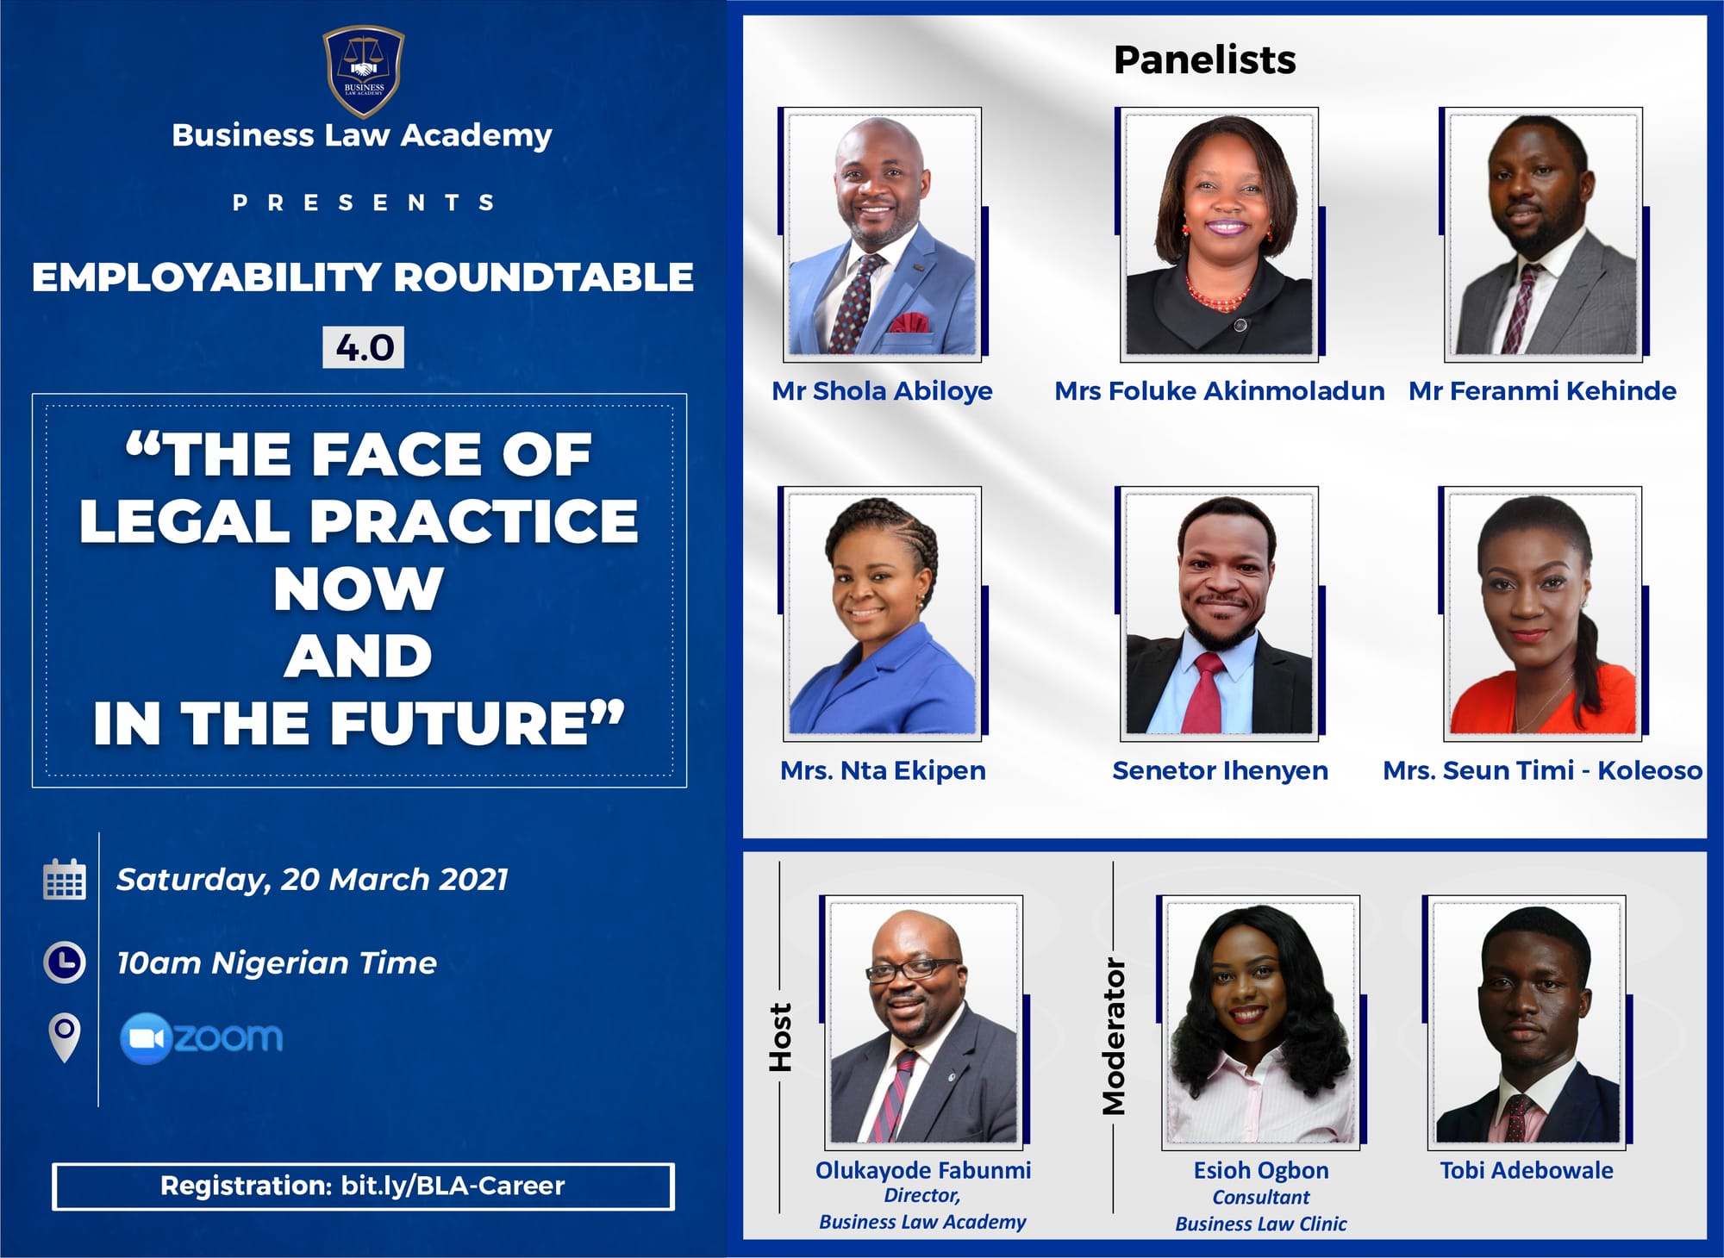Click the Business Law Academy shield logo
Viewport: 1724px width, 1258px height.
tap(363, 72)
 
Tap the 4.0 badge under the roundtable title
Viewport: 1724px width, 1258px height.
tap(363, 347)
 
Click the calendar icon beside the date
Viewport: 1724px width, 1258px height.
tap(65, 879)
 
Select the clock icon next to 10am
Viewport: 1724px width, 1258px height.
tap(65, 962)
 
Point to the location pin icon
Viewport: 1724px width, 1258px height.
tap(65, 1037)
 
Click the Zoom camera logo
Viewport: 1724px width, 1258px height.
tap(145, 1038)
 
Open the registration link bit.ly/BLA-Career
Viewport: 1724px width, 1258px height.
tap(453, 1186)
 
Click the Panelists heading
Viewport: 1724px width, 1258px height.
tap(1204, 59)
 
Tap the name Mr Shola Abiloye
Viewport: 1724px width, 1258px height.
tap(882, 391)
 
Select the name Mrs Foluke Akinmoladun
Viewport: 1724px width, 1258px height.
tap(1219, 391)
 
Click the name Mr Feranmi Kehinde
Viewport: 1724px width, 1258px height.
tap(1542, 391)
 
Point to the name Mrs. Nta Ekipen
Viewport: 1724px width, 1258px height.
tap(883, 770)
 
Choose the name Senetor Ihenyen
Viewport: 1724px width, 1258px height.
tap(1220, 770)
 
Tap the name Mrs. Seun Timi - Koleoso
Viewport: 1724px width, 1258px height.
tap(1542, 770)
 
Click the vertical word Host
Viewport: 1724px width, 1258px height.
tap(780, 1037)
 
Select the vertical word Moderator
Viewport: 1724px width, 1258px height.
tap(1114, 1037)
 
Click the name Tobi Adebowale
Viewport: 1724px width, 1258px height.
tap(1527, 1170)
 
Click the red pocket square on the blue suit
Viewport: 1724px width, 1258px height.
tap(909, 324)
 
